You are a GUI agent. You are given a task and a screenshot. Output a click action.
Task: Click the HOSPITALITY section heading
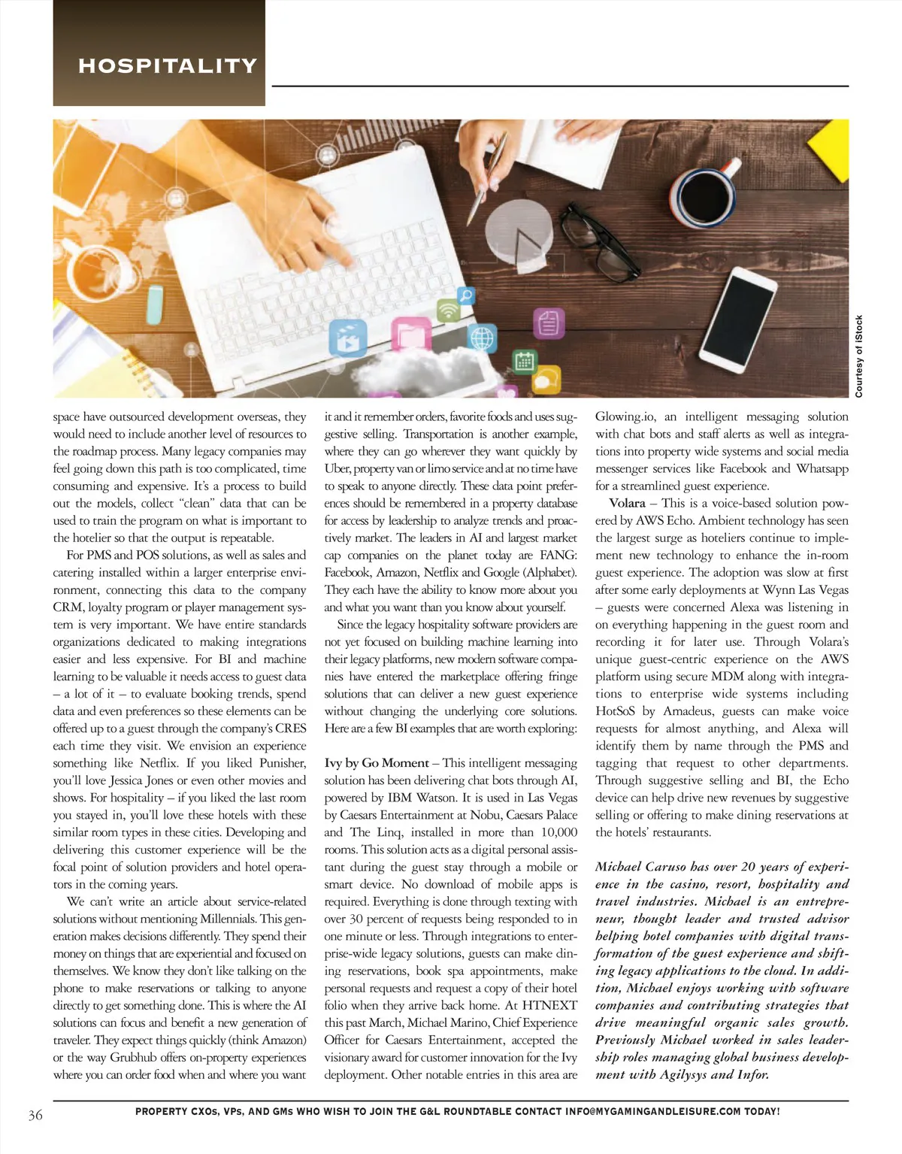(168, 66)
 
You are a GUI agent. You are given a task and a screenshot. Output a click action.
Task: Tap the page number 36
(35, 1114)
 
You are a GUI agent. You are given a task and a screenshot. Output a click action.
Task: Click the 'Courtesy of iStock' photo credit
(859, 356)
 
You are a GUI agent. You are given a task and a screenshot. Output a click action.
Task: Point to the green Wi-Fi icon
(449, 310)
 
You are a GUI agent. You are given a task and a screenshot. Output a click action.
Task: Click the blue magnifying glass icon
(466, 295)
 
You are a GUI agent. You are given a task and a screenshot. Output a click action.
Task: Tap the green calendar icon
(524, 362)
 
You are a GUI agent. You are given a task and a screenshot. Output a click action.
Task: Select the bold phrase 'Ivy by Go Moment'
(377, 763)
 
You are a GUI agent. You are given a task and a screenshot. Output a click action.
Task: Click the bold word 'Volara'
(627, 503)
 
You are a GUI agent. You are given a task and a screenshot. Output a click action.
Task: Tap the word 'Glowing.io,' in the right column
(625, 416)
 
